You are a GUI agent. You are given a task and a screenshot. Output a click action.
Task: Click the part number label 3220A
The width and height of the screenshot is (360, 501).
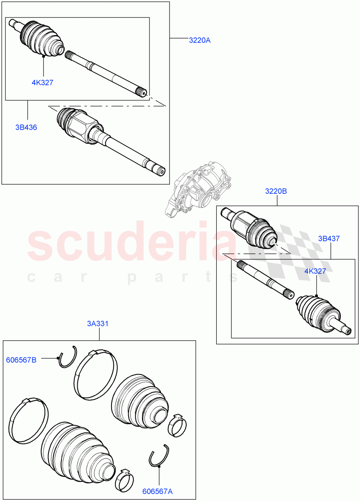pyautogui.click(x=200, y=40)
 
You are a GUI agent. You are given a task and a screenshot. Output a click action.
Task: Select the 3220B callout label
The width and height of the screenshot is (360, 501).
pyautogui.click(x=276, y=191)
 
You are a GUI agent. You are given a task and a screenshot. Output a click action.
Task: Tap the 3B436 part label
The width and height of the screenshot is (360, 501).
pyautogui.click(x=26, y=127)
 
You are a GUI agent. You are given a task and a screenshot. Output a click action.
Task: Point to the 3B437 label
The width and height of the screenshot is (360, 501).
pyautogui.click(x=329, y=239)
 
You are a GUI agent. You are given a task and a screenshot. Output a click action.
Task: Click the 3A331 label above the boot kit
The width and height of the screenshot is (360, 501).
pyautogui.click(x=98, y=323)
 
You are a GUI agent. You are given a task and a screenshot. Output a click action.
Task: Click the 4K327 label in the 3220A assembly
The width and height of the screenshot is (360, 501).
pyautogui.click(x=42, y=82)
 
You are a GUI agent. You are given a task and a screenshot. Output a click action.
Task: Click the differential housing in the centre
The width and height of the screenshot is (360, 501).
pyautogui.click(x=199, y=190)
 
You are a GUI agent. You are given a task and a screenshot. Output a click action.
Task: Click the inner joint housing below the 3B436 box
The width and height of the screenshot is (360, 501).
pyautogui.click(x=79, y=125)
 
